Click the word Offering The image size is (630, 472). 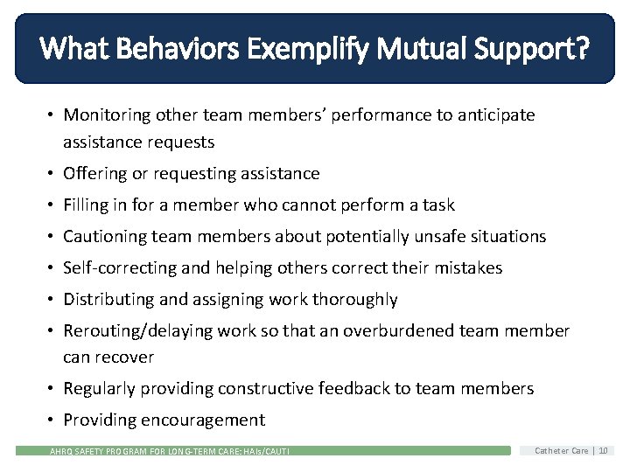click(x=95, y=174)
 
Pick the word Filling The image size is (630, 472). click(x=84, y=205)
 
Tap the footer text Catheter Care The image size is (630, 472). click(x=562, y=451)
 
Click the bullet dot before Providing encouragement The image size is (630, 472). click(x=52, y=420)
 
